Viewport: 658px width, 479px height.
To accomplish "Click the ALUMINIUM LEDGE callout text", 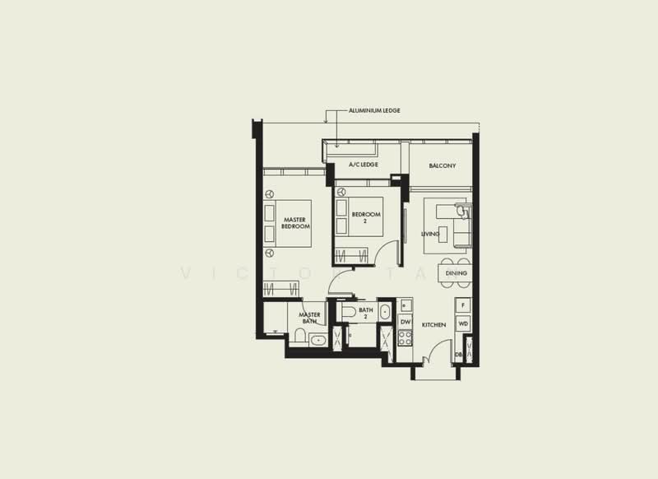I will tap(374, 110).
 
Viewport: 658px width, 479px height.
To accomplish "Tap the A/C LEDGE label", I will tap(363, 165).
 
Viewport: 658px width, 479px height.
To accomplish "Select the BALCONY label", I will tap(442, 165).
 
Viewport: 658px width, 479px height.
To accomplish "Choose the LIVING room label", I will tap(430, 234).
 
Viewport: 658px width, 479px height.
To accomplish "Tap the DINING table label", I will tap(456, 272).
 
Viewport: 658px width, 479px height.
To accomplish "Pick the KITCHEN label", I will tap(433, 325).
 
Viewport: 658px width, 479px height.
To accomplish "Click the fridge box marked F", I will tap(463, 305).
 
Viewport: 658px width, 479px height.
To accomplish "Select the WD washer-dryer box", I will tap(463, 324).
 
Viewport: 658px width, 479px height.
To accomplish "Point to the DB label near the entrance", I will tap(458, 354).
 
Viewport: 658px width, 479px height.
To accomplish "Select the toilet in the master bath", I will tap(300, 336).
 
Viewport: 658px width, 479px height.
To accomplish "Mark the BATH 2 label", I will tap(366, 314).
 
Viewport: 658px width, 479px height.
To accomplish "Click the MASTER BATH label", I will tap(309, 318).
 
